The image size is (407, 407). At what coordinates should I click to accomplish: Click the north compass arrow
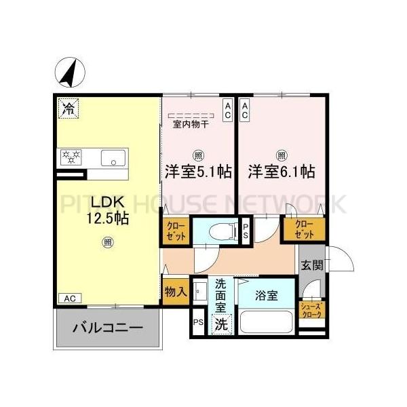[x=71, y=73]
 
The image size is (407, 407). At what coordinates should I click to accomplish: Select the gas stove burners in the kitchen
[x=71, y=157]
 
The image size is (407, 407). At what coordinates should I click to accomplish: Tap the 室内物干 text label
[x=191, y=124]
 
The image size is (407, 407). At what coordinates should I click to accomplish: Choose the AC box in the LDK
[x=69, y=298]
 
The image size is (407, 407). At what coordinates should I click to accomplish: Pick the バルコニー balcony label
[x=107, y=328]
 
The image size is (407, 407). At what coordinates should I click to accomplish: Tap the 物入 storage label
[x=175, y=292]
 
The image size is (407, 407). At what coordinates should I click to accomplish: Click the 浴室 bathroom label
[x=266, y=295]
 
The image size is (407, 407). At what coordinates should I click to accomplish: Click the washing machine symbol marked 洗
[x=221, y=324]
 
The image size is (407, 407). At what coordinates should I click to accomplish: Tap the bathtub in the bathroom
[x=265, y=322]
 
